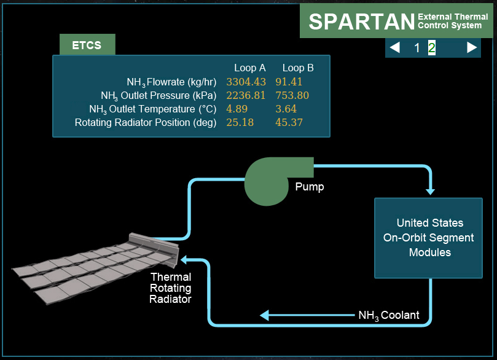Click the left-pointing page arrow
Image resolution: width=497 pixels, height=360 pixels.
coord(394,47)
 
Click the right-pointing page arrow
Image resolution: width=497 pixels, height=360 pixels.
coord(472,47)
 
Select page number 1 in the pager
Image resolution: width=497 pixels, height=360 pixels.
coord(417,48)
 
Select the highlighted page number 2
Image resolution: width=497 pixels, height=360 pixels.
coord(432,48)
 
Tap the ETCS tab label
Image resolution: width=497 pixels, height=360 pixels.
coord(87,45)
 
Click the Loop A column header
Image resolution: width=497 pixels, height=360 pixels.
coord(250,68)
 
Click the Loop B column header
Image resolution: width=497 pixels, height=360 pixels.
coord(298,68)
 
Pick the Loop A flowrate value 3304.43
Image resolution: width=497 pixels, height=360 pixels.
coord(246,82)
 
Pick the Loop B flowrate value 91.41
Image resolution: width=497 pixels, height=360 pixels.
coord(289,82)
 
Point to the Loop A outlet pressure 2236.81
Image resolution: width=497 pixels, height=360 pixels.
coord(246,95)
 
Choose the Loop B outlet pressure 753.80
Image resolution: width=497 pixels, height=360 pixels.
coord(292,95)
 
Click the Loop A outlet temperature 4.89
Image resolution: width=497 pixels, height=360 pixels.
coord(237,109)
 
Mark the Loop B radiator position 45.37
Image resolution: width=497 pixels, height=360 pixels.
coord(289,122)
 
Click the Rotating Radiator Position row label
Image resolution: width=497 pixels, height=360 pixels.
coord(146,123)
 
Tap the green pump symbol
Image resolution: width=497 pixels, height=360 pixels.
coord(273,180)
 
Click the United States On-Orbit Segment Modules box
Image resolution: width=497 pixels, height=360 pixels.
coord(429,238)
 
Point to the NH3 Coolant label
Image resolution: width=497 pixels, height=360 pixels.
coord(389,315)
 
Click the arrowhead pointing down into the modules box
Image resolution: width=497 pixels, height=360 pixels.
coord(430,192)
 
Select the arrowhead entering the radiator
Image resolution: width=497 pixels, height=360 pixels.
coord(184,260)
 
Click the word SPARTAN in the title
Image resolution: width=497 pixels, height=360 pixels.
coord(362,22)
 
